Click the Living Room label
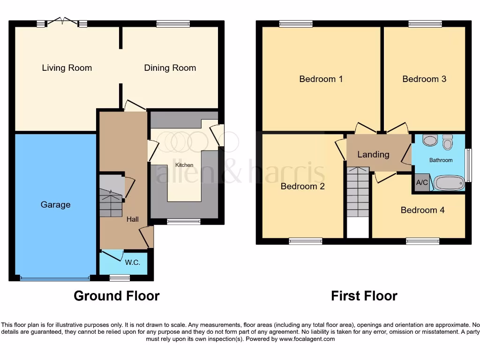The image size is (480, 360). pyautogui.click(x=67, y=68)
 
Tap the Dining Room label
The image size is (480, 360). pyautogui.click(x=170, y=68)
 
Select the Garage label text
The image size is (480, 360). pyautogui.click(x=55, y=205)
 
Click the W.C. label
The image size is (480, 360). pyautogui.click(x=133, y=263)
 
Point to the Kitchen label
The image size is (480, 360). pyautogui.click(x=184, y=165)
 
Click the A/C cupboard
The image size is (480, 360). pyautogui.click(x=422, y=183)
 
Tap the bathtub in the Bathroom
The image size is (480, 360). pyautogui.click(x=449, y=183)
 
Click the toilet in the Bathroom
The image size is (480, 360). pyautogui.click(x=447, y=142)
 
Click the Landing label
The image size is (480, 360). pyautogui.click(x=373, y=154)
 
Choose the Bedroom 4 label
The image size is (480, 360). pyautogui.click(x=422, y=210)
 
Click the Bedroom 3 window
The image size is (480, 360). pyautogui.click(x=425, y=24)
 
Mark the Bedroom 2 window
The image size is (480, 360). pyautogui.click(x=306, y=241)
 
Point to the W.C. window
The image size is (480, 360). pyautogui.click(x=120, y=278)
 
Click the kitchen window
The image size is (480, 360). pyautogui.click(x=184, y=222)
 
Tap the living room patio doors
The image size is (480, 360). pyautogui.click(x=62, y=22)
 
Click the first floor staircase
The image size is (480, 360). pyautogui.click(x=358, y=192)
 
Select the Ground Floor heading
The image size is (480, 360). pyautogui.click(x=117, y=296)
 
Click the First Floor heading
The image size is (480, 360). pyautogui.click(x=364, y=296)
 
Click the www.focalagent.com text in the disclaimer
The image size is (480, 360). pyautogui.click(x=307, y=339)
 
